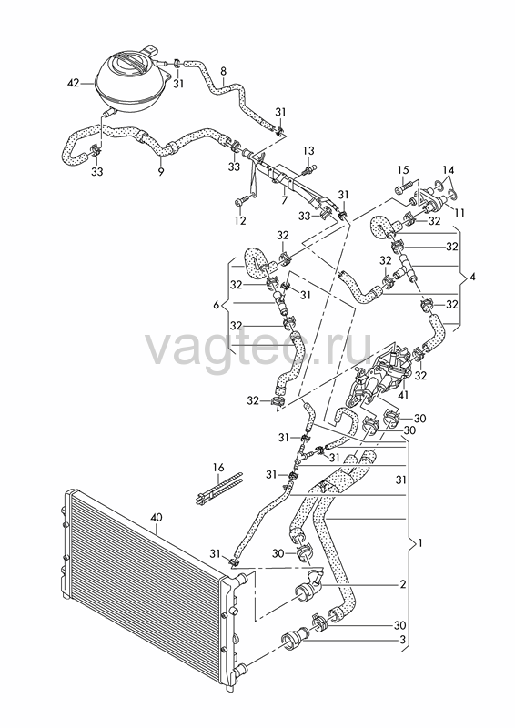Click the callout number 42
[x=74, y=84]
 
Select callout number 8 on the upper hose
[x=223, y=71]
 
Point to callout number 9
[x=161, y=172]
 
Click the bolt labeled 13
[x=309, y=170]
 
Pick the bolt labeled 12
[x=242, y=200]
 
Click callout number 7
[x=284, y=200]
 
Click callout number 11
[x=459, y=213]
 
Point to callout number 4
[x=472, y=278]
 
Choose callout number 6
[x=216, y=305]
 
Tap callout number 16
[x=218, y=467]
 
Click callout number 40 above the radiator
[x=158, y=516]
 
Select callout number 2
[x=402, y=583]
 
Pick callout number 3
[x=402, y=640]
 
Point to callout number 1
[x=419, y=541]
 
